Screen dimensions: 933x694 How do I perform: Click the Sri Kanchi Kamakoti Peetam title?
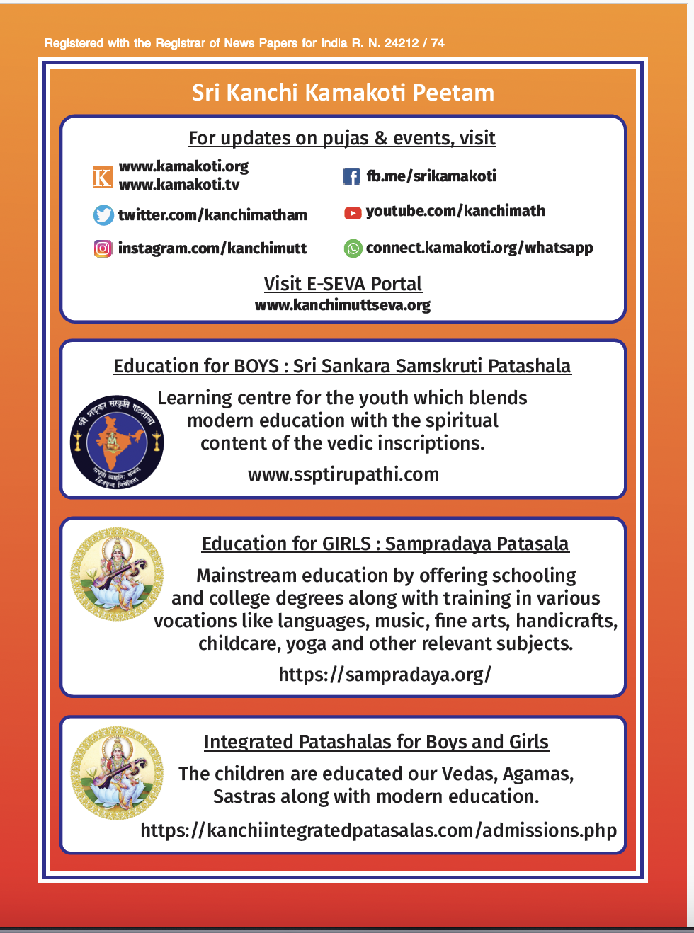(x=343, y=93)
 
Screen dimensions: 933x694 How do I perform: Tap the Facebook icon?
(x=351, y=176)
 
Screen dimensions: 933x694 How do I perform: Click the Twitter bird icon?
(x=103, y=215)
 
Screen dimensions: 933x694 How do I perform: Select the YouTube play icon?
(x=353, y=212)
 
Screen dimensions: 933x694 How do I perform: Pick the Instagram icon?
(x=103, y=248)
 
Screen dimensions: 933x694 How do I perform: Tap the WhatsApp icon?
(x=353, y=248)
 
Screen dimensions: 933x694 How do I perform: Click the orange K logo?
(x=103, y=177)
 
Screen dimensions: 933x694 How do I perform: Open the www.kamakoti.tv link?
(x=179, y=185)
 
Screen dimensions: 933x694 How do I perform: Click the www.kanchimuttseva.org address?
(x=343, y=305)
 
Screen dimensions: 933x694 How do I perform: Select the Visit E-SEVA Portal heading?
(x=343, y=284)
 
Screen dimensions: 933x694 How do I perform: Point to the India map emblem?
(x=117, y=442)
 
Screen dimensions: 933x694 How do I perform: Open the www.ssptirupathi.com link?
(x=343, y=474)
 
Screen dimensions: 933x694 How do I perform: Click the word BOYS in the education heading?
(x=256, y=366)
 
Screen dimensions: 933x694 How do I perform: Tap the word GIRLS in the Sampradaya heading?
(x=346, y=544)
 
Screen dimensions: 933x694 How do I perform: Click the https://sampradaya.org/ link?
(x=385, y=675)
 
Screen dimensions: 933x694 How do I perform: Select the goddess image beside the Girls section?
(x=117, y=575)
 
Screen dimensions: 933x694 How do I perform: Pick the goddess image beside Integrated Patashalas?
(x=117, y=773)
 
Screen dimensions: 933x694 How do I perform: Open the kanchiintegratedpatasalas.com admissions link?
(x=379, y=830)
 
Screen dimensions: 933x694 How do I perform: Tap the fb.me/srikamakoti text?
(x=431, y=176)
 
